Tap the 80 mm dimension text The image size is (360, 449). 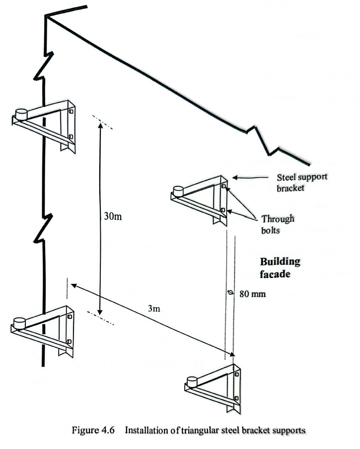click(253, 294)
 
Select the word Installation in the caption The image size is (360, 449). click(145, 430)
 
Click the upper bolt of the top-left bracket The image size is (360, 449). click(71, 112)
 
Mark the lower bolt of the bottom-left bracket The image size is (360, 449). click(69, 341)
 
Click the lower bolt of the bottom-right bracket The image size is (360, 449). click(236, 398)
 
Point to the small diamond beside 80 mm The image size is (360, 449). click(230, 293)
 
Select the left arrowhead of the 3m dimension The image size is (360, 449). click(71, 285)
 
